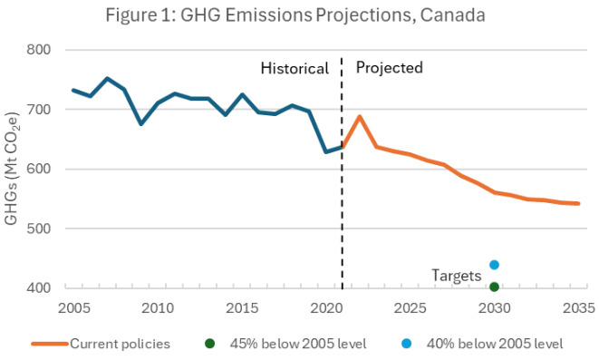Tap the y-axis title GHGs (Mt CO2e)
[x=13, y=168]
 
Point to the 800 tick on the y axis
[x=40, y=50]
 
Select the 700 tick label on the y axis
[x=40, y=110]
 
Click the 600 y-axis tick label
[x=40, y=169]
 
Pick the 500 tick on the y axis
[x=40, y=229]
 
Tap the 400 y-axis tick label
[x=40, y=288]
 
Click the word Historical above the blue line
[x=294, y=68]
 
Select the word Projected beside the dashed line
[x=389, y=67]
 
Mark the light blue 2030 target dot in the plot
[x=495, y=265]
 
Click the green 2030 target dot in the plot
[x=495, y=287]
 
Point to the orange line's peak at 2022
[x=360, y=116]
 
